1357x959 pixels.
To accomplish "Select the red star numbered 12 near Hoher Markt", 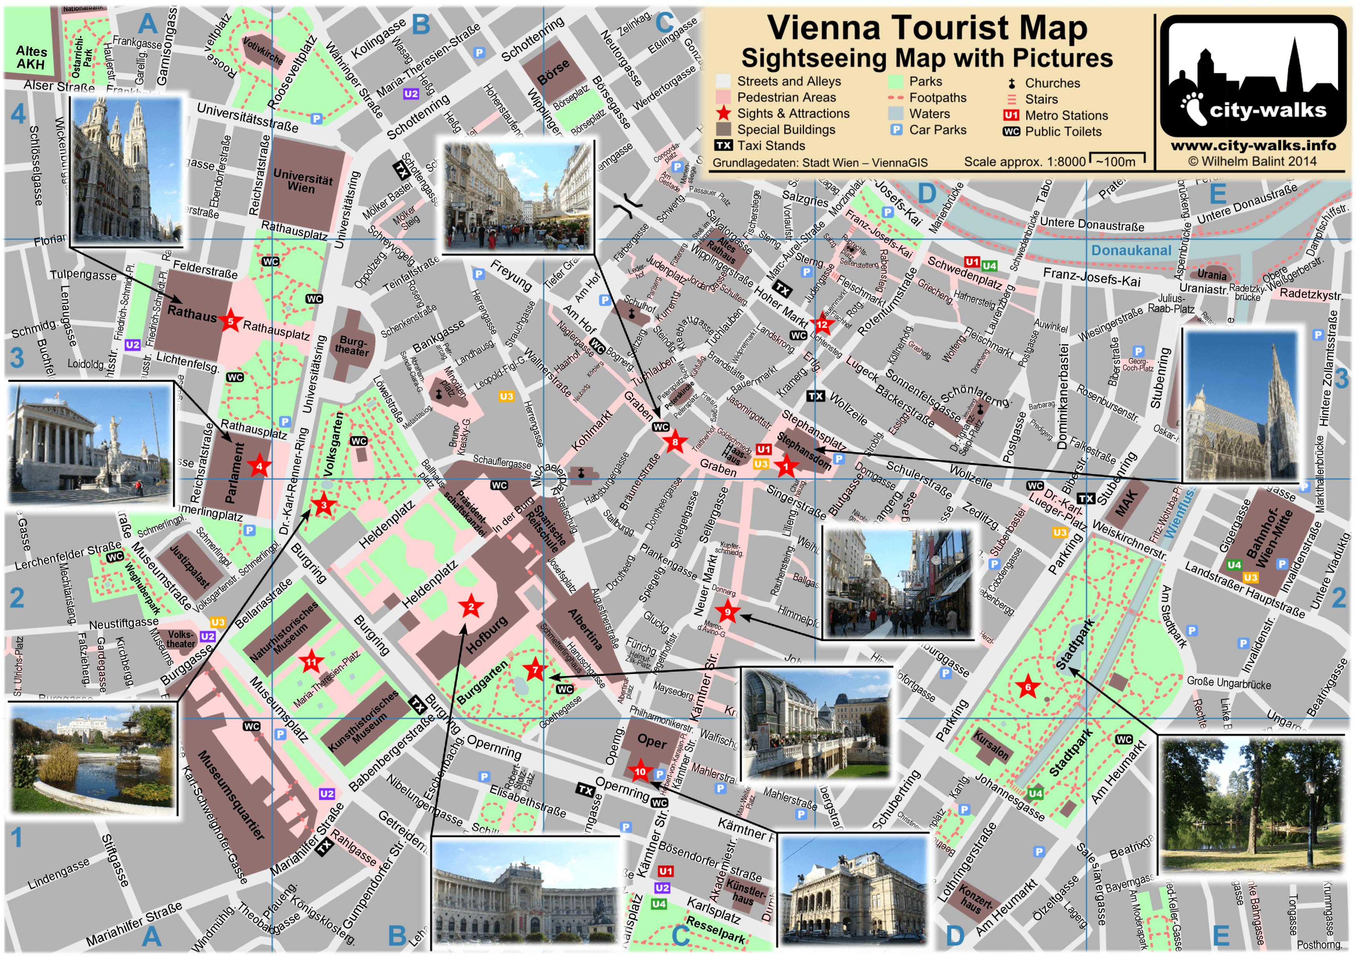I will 822,324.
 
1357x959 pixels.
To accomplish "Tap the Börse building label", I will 553,72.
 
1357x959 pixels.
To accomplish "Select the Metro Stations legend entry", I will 1056,115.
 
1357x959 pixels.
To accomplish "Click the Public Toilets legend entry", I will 1053,131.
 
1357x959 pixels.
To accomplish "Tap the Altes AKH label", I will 31,57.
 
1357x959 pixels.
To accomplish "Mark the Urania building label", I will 1212,275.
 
